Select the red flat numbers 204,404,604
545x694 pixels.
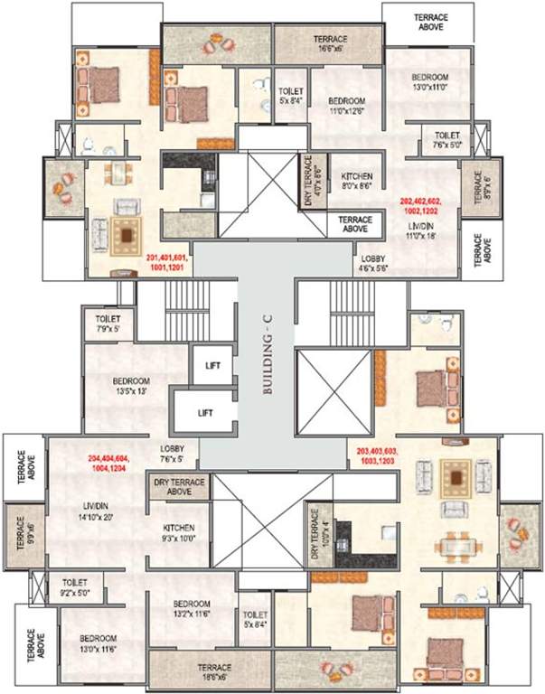(110, 463)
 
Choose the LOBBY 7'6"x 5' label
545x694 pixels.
(174, 454)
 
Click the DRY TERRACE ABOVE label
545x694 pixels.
(179, 487)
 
